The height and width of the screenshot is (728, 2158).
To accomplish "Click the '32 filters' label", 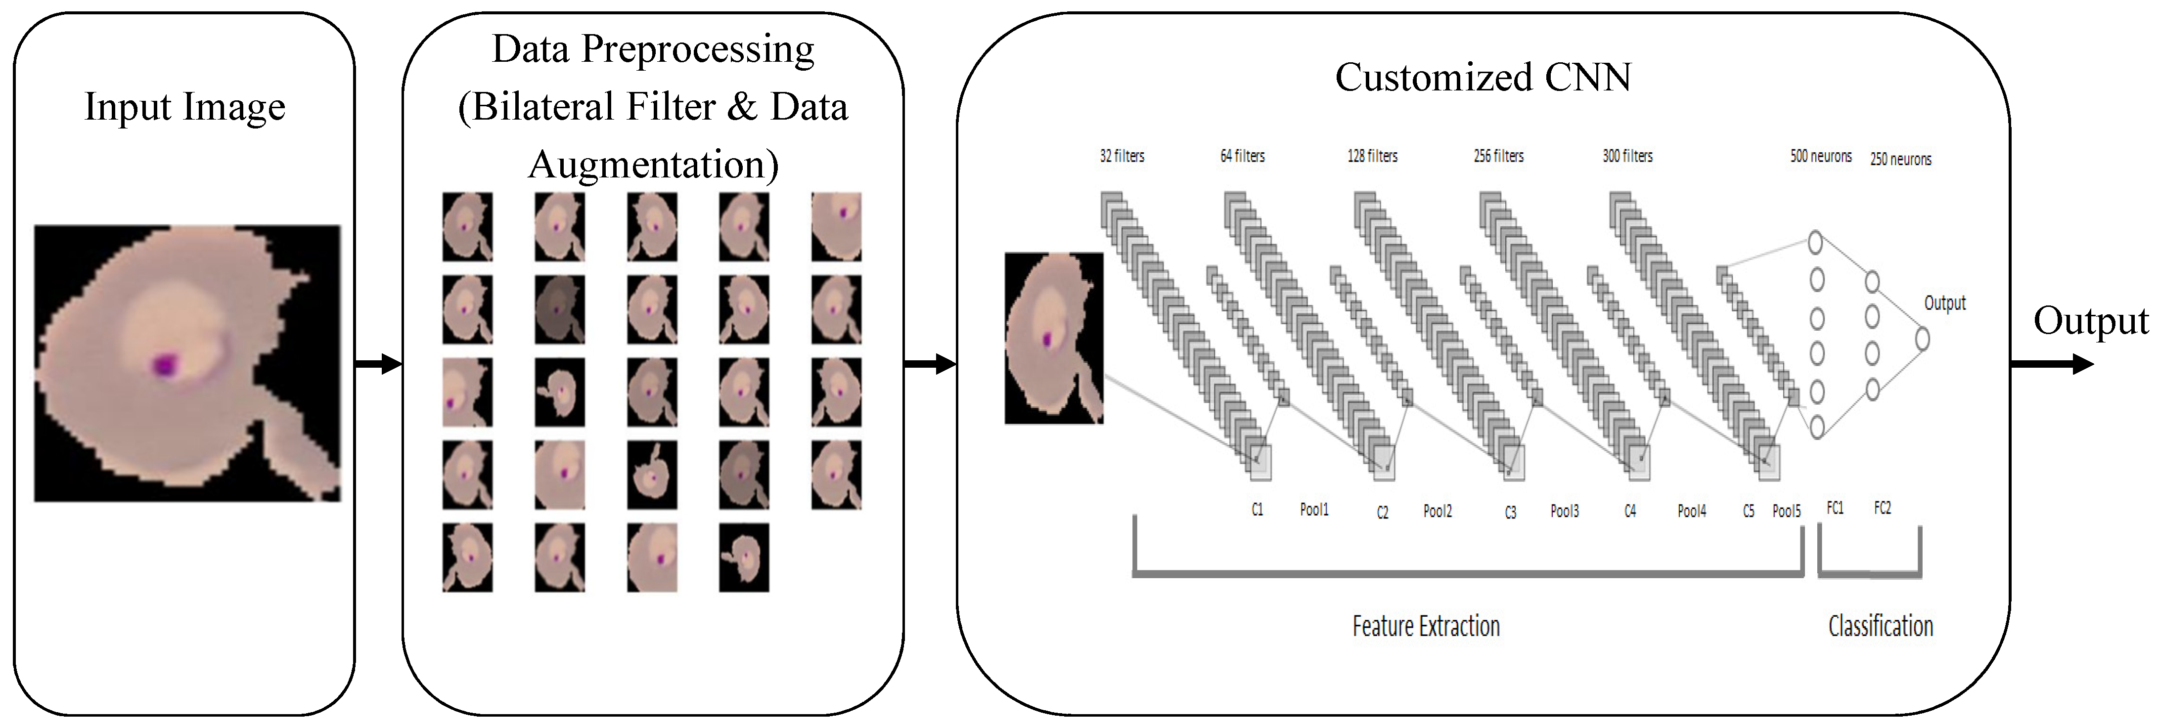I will [x=1122, y=156].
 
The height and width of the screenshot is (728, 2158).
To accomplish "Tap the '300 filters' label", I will [x=1627, y=156].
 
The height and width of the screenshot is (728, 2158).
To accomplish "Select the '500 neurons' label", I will [x=1820, y=156].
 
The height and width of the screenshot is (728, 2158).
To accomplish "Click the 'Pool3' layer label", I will [x=1564, y=511].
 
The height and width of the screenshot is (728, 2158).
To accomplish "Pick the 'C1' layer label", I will [x=1257, y=510].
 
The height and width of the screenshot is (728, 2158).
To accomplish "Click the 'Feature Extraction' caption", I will [x=1426, y=626].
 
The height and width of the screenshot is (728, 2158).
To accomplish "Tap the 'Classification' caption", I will [x=1880, y=626].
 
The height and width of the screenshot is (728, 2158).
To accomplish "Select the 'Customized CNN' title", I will [x=1483, y=77].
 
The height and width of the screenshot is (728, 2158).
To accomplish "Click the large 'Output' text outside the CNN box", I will [x=2090, y=321].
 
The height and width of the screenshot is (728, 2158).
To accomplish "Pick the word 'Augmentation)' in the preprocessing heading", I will [x=653, y=164].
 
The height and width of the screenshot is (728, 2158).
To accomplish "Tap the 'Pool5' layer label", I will [x=1786, y=511].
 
